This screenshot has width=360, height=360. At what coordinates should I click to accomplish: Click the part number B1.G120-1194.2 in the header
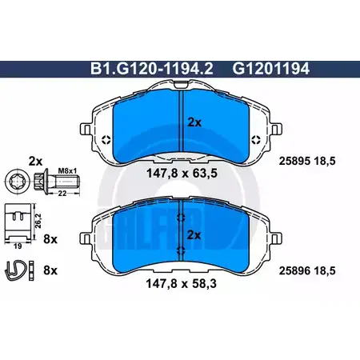click(x=152, y=69)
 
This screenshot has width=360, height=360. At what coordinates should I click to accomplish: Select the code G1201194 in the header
click(x=270, y=69)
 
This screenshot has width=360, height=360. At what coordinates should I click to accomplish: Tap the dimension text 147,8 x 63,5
click(x=182, y=174)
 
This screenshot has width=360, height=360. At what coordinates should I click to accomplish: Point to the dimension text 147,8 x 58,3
click(x=182, y=284)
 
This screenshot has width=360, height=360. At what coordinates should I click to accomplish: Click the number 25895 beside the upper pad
click(x=294, y=161)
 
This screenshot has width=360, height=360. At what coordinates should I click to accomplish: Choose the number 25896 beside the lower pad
click(x=294, y=271)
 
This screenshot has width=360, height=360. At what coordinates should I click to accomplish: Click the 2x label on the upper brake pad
click(x=194, y=122)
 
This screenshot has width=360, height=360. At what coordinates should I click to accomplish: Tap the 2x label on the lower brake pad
click(x=194, y=235)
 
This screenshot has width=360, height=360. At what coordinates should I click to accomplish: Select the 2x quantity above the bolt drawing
click(x=35, y=161)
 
